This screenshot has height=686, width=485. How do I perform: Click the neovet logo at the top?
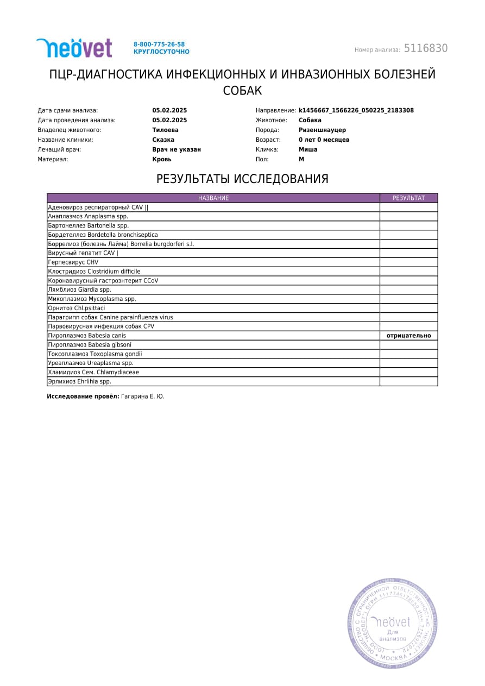[x=74, y=48]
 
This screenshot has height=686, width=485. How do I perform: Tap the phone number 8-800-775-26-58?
[x=159, y=44]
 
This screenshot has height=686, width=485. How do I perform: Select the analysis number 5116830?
[x=426, y=48]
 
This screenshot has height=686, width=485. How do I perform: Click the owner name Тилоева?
[x=165, y=130]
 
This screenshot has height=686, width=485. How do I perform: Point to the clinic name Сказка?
[x=163, y=140]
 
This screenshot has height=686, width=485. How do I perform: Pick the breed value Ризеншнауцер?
[x=322, y=130]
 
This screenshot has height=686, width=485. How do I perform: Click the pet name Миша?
[x=308, y=149]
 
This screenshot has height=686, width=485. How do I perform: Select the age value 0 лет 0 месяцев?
[x=324, y=140]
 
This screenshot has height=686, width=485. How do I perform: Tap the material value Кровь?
[x=162, y=159]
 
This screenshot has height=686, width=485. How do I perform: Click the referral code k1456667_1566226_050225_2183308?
[x=356, y=110]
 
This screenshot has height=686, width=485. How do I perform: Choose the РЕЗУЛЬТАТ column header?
[x=408, y=198]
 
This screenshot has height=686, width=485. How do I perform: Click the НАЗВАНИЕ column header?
[x=213, y=198]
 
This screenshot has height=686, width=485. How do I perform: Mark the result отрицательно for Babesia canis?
[x=408, y=336]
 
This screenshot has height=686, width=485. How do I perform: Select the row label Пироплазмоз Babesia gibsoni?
[x=90, y=345]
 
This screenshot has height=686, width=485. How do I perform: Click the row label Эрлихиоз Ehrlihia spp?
[x=79, y=381]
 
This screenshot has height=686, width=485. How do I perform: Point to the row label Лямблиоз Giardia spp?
[x=79, y=290]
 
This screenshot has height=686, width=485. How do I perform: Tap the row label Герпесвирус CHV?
[x=73, y=262]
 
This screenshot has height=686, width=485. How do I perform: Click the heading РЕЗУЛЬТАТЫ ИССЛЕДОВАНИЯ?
[x=242, y=179]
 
